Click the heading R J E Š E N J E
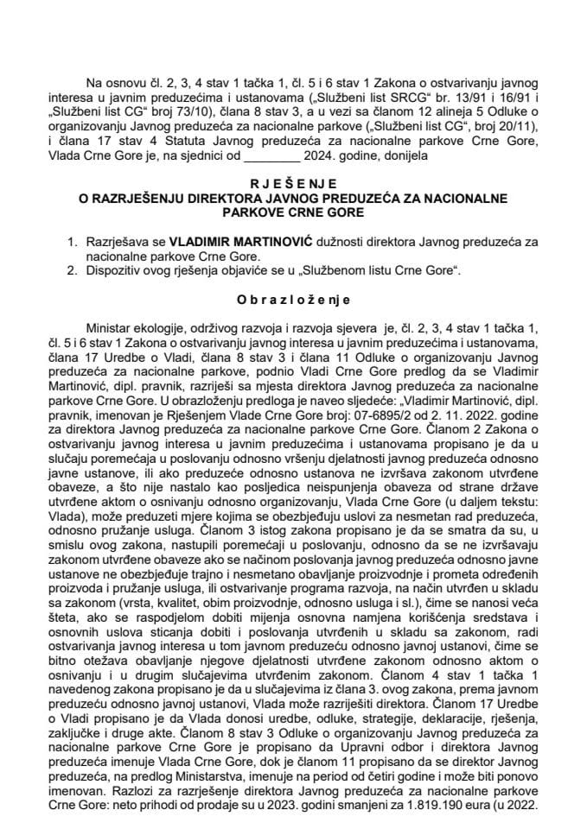[x=294, y=184]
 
